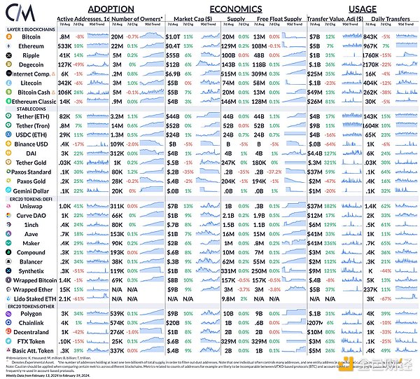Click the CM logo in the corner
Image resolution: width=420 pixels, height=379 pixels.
(15, 13)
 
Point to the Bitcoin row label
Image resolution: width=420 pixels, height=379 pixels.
(31, 35)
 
